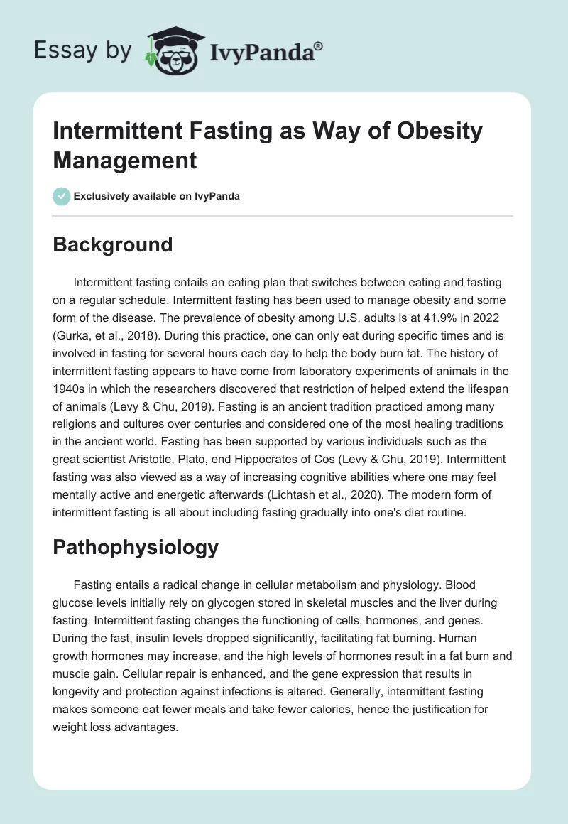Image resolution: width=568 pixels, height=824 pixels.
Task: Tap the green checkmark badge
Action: click(62, 196)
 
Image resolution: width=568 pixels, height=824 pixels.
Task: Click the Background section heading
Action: click(113, 244)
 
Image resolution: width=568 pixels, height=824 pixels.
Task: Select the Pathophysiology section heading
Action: click(136, 548)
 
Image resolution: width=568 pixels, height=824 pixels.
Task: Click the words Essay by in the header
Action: click(84, 50)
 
